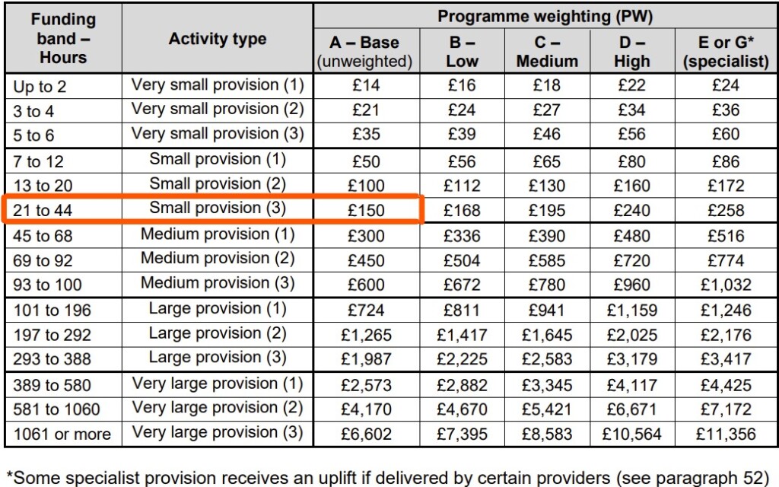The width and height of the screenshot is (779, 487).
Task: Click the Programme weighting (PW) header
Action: pyautogui.click(x=545, y=16)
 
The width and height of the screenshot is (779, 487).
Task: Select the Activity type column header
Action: pyautogui.click(x=218, y=40)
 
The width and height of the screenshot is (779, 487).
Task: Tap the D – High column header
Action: pyautogui.click(x=631, y=52)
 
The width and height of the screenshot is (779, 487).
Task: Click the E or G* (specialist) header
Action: pyautogui.click(x=726, y=52)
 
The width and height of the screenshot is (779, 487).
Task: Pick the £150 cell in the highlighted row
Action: pyautogui.click(x=366, y=210)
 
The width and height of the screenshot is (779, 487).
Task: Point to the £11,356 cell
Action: pyautogui.click(x=726, y=434)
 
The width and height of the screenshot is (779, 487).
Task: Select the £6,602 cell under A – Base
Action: pyautogui.click(x=366, y=434)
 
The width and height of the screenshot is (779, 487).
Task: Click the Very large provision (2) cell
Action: pyautogui.click(x=218, y=409)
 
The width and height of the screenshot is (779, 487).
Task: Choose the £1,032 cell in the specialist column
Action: pyautogui.click(x=726, y=285)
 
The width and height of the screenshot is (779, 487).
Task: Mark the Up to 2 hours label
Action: pyautogui.click(x=40, y=86)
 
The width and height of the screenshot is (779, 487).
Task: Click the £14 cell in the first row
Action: pyautogui.click(x=366, y=85)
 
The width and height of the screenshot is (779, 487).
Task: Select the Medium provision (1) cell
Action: pyautogui.click(x=218, y=234)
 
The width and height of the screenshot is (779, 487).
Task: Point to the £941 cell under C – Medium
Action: pyautogui.click(x=547, y=310)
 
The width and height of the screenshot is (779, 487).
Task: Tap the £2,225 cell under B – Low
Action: pyautogui.click(x=462, y=359)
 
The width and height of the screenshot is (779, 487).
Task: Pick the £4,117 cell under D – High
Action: pyautogui.click(x=631, y=384)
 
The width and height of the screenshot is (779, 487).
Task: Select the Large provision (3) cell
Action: pyautogui.click(x=218, y=358)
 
